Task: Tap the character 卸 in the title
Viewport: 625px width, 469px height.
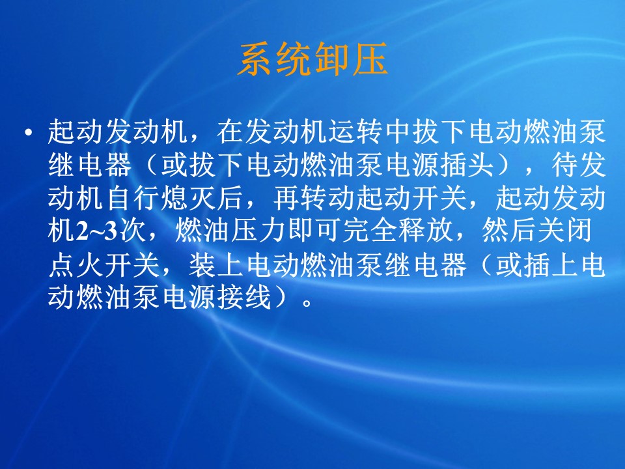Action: (331, 59)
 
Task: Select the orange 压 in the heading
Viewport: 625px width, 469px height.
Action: (370, 59)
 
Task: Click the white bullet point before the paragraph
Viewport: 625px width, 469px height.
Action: (28, 132)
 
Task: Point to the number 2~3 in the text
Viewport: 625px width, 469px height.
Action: (96, 231)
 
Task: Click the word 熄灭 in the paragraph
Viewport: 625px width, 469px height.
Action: (189, 198)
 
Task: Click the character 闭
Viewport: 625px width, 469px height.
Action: (578, 231)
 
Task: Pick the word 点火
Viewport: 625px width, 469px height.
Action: (76, 265)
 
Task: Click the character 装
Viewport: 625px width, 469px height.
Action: (202, 265)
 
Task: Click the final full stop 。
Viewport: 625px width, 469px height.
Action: (307, 304)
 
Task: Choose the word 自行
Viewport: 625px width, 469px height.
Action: (132, 198)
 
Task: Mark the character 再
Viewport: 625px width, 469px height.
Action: (286, 198)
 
